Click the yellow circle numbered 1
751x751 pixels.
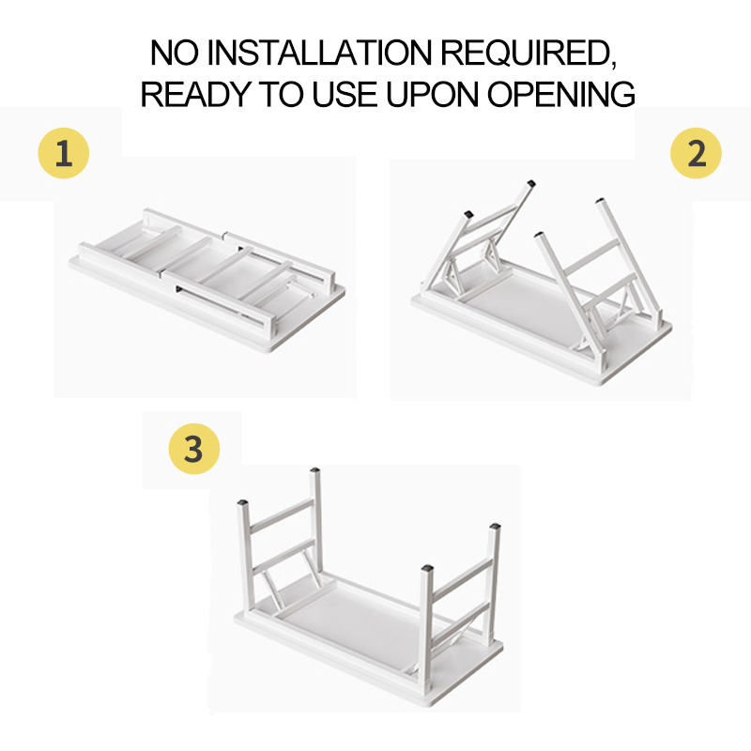64,153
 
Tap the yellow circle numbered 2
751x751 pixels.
696,153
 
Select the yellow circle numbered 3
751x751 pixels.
194,449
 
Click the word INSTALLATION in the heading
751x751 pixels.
319,53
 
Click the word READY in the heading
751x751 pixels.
195,94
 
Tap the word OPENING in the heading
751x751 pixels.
560,94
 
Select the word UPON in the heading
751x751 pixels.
432,94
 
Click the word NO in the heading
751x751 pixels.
174,53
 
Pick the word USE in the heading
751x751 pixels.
344,94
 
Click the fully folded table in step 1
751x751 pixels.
207,280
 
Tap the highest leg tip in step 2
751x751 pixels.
530,183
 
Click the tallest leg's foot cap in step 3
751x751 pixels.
314,470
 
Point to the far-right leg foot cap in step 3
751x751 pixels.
495,527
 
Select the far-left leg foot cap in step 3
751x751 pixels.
243,503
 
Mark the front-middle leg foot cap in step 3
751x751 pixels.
427,569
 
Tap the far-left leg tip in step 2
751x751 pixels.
468,214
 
